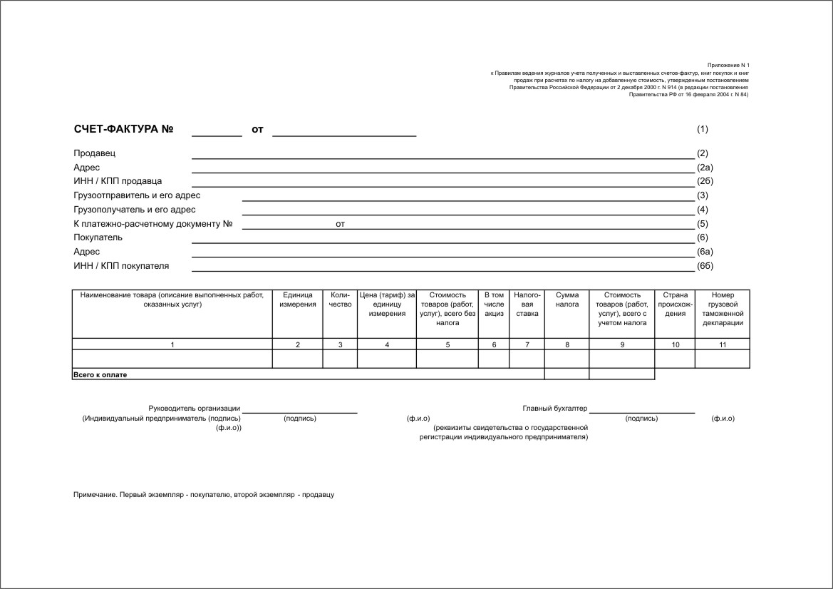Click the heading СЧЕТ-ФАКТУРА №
tap(124, 130)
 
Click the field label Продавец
tap(94, 153)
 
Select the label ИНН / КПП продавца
tap(118, 181)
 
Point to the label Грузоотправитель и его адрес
tap(137, 195)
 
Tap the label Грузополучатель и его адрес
tap(134, 210)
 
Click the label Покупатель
tap(98, 237)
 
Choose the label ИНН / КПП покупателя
tap(121, 266)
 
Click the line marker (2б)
tap(705, 181)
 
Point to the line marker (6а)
tap(705, 252)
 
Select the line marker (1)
tap(703, 130)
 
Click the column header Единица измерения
tap(298, 299)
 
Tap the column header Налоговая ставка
tap(527, 304)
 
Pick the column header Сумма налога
tap(567, 299)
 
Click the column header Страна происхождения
tap(675, 304)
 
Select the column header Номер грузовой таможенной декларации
tap(722, 309)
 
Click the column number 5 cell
tap(447, 345)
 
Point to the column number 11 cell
tap(722, 345)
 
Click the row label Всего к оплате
tap(100, 374)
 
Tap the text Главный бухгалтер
tap(555, 409)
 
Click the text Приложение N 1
tap(728, 65)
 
